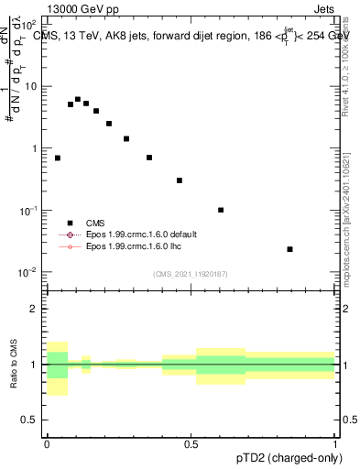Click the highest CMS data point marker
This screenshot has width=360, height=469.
click(78, 99)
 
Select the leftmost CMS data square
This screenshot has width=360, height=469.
click(58, 158)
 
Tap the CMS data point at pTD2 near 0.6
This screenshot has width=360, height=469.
click(221, 210)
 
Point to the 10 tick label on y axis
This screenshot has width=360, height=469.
click(31, 86)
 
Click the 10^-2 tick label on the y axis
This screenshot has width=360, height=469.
click(28, 273)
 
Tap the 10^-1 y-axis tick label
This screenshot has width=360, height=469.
click(28, 211)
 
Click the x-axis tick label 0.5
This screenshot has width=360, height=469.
click(191, 445)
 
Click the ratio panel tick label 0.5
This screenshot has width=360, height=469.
click(32, 421)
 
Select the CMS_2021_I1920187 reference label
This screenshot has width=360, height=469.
click(191, 273)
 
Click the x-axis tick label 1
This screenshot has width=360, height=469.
click(335, 445)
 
